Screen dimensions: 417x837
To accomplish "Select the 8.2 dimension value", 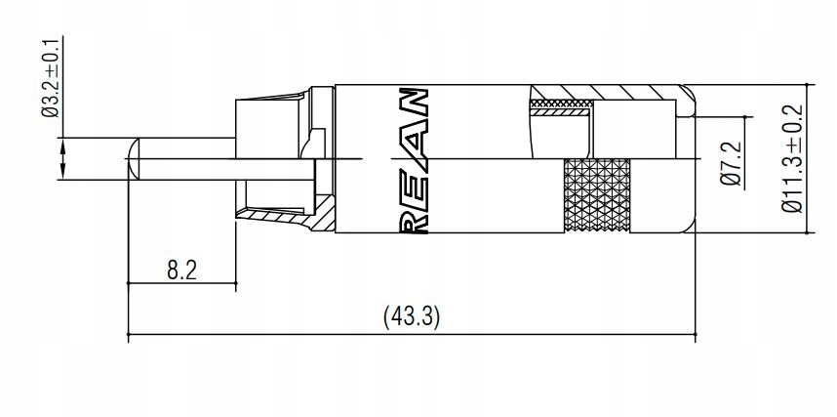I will tap(181, 270).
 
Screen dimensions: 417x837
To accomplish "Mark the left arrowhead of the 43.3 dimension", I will tap(135, 336).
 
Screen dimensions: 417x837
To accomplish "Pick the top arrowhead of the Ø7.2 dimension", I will tap(749, 119).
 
